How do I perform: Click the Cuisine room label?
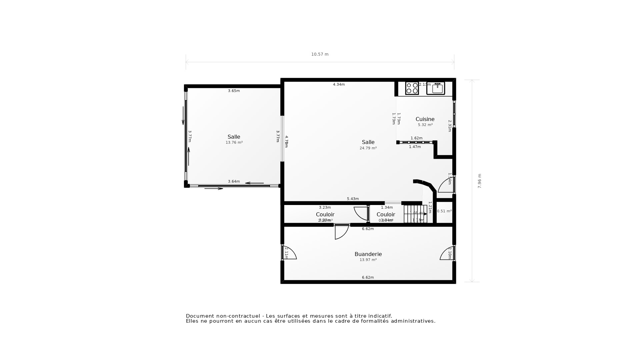pos(425,119)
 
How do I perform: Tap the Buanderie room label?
pos(368,254)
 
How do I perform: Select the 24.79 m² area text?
pos(368,148)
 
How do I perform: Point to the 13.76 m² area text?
pos(234,142)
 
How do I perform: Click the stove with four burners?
pos(412,88)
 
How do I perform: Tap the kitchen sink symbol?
pos(436,88)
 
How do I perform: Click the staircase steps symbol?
pos(415,214)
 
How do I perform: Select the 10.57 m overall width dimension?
pos(320,54)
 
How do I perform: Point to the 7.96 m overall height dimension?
pos(480,181)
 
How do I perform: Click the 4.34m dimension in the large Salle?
pos(339,84)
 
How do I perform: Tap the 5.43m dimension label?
pos(353,199)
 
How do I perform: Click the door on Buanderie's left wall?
pos(289,253)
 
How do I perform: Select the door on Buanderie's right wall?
pos(447,253)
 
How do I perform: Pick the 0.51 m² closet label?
pos(444,211)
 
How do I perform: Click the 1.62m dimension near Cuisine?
pos(416,138)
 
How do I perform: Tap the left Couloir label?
pos(325,214)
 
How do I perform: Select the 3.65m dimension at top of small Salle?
pos(234,91)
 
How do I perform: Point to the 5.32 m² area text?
pos(425,125)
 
